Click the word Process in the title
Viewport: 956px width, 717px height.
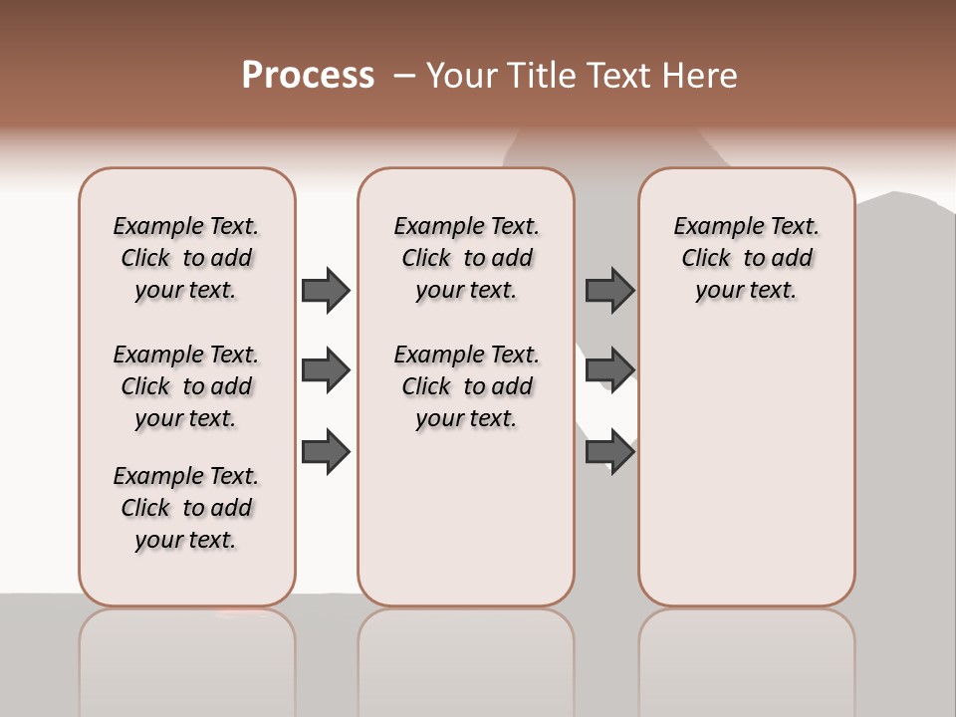[308, 76]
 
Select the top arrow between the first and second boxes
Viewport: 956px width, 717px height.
[326, 290]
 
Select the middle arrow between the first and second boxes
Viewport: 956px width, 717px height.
[326, 370]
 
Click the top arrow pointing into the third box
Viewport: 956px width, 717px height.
[609, 290]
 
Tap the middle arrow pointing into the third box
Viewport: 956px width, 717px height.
[609, 370]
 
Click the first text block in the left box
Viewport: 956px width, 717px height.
[186, 258]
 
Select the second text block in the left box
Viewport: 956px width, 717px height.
[186, 386]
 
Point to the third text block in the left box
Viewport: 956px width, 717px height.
[186, 508]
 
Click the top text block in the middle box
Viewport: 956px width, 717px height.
[466, 258]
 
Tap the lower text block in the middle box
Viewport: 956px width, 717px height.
[466, 386]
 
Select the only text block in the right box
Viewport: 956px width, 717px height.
[746, 258]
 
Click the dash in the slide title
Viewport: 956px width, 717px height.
[404, 76]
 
